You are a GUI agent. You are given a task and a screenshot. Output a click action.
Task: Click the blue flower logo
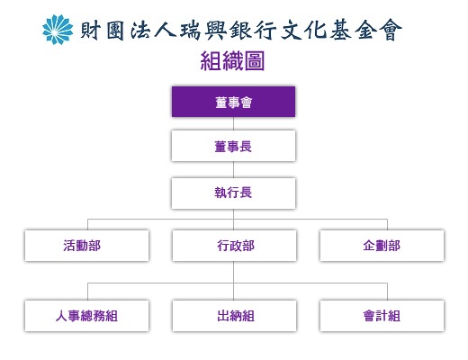coord(58,30)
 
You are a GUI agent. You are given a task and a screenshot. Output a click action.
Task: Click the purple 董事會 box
coord(233,102)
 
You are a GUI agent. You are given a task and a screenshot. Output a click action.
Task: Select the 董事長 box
coord(233,146)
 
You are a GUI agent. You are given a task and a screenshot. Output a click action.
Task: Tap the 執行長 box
coord(233,193)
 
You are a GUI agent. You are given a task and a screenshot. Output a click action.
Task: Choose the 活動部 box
coord(86,246)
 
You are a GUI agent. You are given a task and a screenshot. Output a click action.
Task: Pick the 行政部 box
coord(234,246)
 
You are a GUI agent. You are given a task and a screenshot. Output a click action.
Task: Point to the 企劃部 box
coord(382,246)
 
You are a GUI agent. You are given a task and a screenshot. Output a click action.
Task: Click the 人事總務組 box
coord(86,316)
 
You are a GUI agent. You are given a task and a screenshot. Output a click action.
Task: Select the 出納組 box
coord(234,316)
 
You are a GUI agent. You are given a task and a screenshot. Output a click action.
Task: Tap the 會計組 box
coord(382,316)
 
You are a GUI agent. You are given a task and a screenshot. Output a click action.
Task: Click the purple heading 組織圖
coord(232,61)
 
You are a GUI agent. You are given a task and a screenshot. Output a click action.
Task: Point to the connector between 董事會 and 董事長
coord(233,123)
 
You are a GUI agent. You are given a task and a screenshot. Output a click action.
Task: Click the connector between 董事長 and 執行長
coord(233,169)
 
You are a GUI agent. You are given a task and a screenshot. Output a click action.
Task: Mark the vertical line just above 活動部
coord(87,225)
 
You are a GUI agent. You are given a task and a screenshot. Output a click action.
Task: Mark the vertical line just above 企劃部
coord(387,225)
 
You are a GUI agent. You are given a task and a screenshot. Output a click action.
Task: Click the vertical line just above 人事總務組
coord(87,292)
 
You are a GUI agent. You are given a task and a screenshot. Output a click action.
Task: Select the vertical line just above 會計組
coord(387,292)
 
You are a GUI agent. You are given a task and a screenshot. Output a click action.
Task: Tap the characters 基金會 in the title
coord(366,31)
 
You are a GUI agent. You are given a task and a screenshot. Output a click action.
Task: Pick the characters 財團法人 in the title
coord(128,31)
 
